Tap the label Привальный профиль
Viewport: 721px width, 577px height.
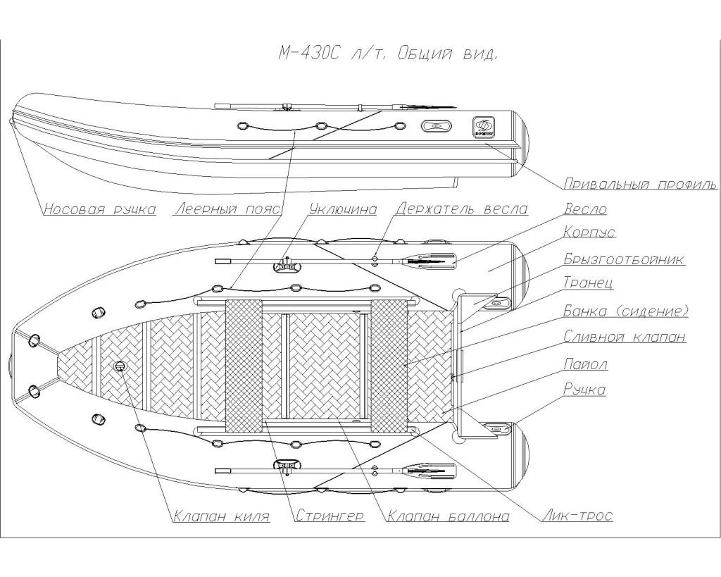point(640,185)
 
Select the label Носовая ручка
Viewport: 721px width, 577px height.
point(99,209)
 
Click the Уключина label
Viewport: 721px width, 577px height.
point(342,209)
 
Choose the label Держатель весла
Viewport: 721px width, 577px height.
point(462,209)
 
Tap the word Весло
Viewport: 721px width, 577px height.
point(585,209)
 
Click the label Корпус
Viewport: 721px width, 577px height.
point(589,232)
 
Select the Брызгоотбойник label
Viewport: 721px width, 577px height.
point(624,259)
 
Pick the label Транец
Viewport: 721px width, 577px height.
point(589,283)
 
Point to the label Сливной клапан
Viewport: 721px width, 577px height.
point(625,337)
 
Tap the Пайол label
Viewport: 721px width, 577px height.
point(585,364)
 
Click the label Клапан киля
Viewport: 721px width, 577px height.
point(221,516)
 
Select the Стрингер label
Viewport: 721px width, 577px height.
point(330,516)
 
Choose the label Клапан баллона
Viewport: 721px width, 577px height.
point(449,516)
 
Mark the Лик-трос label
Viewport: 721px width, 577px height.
point(577,516)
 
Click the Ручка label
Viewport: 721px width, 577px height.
point(584,390)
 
